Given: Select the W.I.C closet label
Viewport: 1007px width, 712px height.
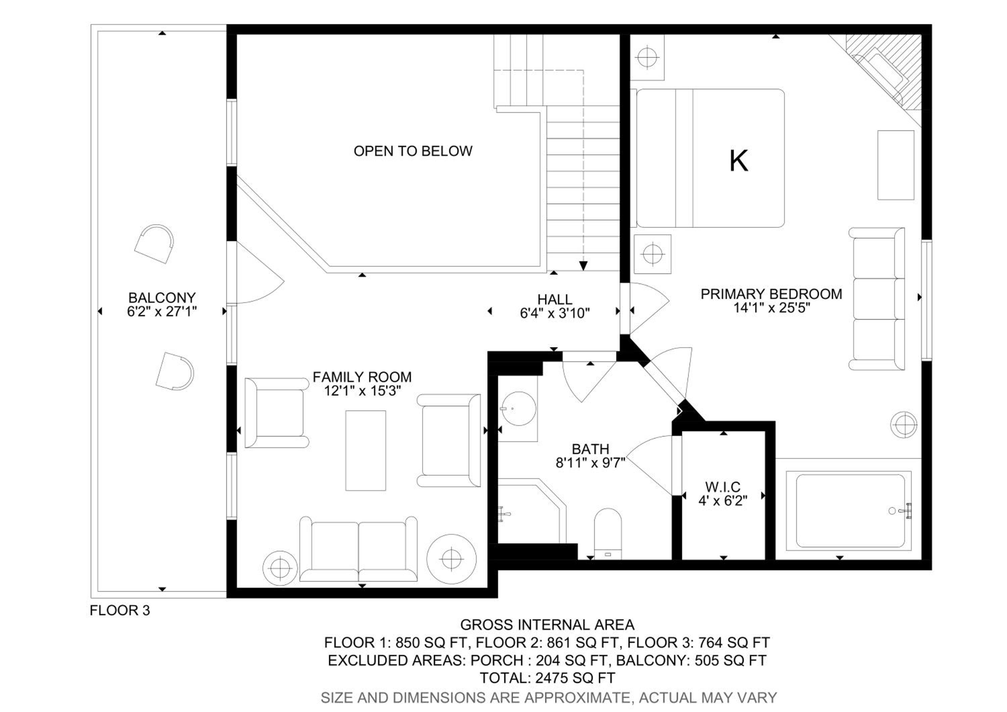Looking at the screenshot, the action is pyautogui.click(x=723, y=487).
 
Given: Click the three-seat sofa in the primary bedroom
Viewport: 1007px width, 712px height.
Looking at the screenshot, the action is pyautogui.click(x=877, y=299).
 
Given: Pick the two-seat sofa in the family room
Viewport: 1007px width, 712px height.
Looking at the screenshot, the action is pyautogui.click(x=358, y=549).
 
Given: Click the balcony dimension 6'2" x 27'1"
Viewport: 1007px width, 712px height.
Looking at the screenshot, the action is pyautogui.click(x=162, y=311).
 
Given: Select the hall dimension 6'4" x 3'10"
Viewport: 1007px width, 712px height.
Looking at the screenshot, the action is pyautogui.click(x=555, y=313).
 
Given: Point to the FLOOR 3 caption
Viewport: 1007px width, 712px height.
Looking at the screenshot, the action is pyautogui.click(x=120, y=610).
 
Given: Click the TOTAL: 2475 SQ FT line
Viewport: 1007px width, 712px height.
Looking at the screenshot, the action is pyautogui.click(x=547, y=678).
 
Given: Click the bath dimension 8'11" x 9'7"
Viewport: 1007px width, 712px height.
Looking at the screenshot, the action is pyautogui.click(x=590, y=462).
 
